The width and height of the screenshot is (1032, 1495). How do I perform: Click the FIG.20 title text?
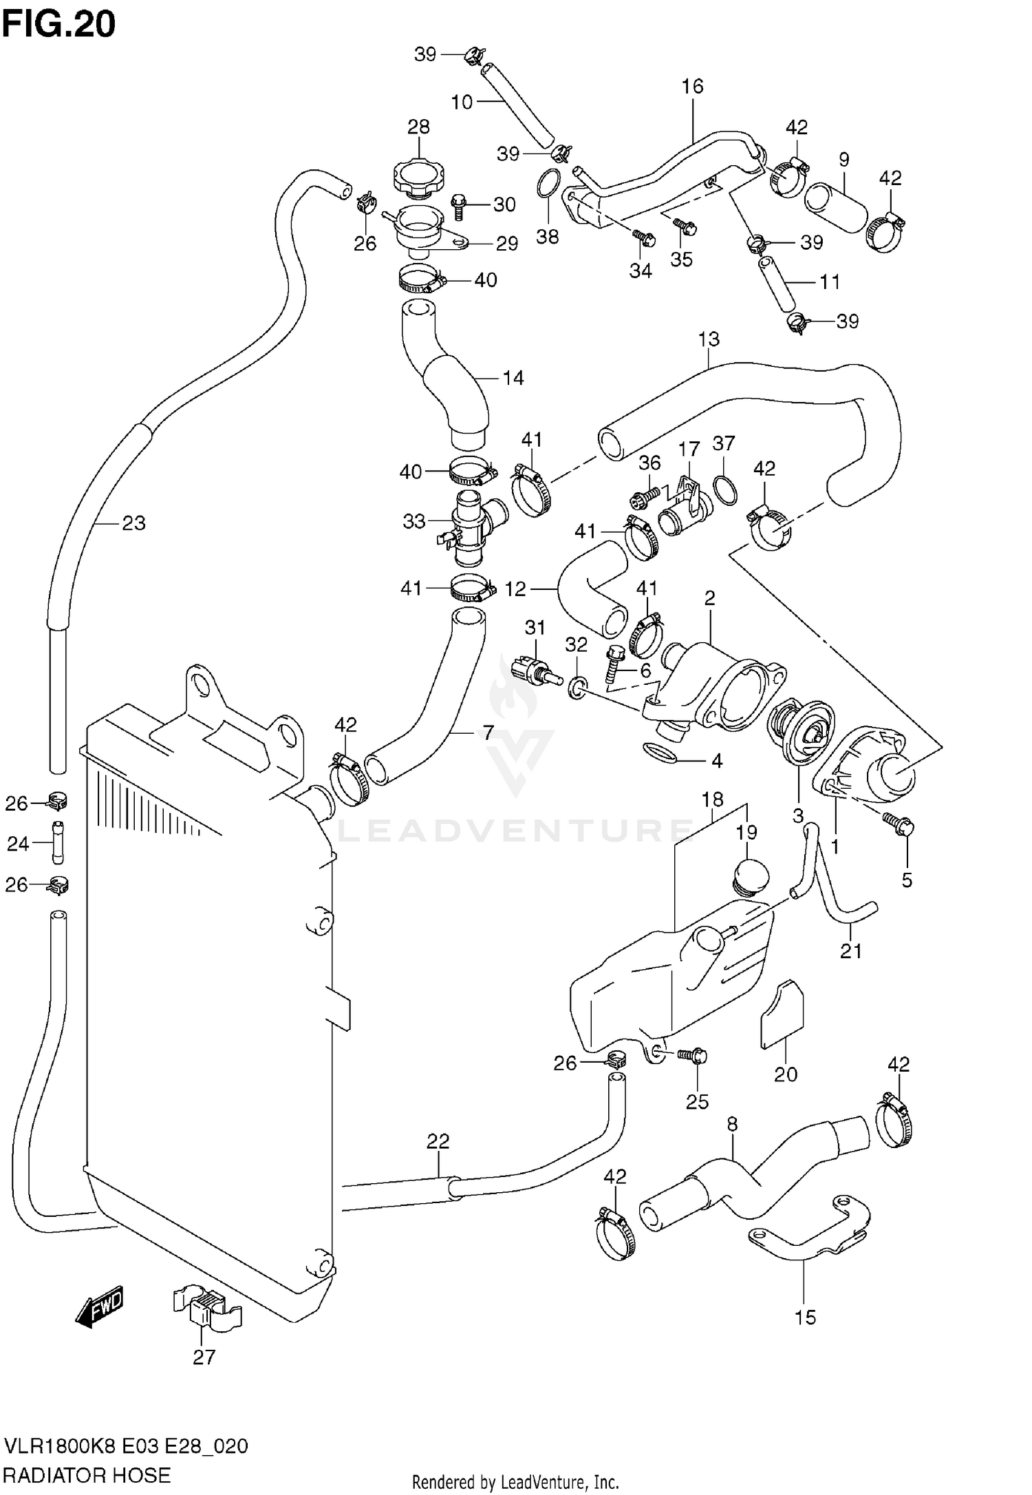(58, 25)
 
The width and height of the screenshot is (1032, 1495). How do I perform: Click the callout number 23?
(133, 523)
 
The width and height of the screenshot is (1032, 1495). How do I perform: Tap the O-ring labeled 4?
(659, 752)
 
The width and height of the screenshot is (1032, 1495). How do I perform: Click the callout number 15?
(804, 1317)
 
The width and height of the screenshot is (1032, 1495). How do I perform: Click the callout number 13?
(709, 339)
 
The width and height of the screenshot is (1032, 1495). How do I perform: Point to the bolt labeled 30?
(460, 206)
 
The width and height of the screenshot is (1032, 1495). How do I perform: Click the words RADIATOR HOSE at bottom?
(87, 1475)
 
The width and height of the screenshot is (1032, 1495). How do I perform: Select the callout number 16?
(693, 86)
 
